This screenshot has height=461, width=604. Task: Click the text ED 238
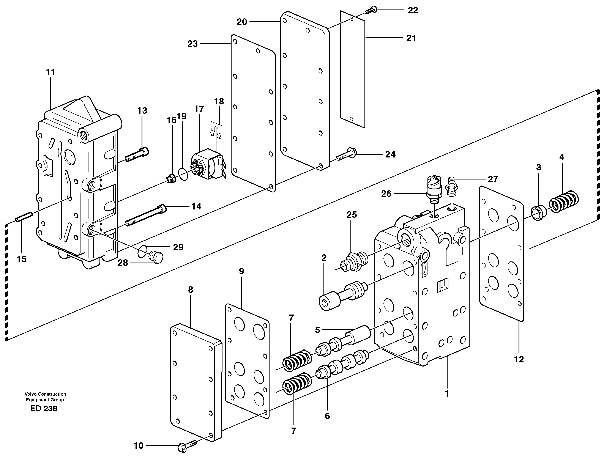point(44,409)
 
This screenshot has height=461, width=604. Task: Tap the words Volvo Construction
point(45,394)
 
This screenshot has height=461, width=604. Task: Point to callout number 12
point(519,359)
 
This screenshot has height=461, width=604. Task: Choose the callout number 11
point(50,72)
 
